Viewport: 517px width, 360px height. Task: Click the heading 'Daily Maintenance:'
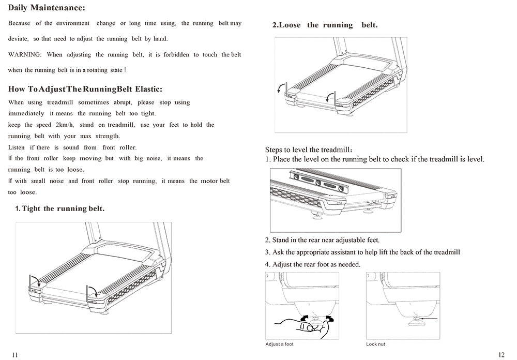47,9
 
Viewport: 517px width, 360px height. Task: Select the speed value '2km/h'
65,125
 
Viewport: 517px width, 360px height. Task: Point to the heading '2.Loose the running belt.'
325,25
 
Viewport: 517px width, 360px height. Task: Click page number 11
14,354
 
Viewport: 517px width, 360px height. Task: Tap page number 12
501,354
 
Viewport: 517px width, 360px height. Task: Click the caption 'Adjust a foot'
279,344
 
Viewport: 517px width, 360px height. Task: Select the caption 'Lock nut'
375,344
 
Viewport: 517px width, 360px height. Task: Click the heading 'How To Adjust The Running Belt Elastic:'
85,89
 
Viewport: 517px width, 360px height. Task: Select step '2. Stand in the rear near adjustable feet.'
322,241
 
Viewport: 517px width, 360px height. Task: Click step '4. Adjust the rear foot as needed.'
312,264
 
